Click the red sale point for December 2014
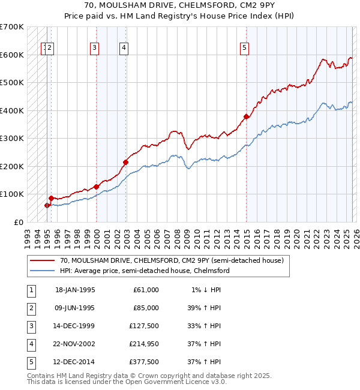tap(246, 117)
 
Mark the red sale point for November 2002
tap(126, 162)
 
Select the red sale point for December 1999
tap(97, 187)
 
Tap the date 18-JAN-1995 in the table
tap(75, 290)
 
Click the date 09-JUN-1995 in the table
tap(75, 308)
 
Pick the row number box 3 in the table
tap(30, 326)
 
